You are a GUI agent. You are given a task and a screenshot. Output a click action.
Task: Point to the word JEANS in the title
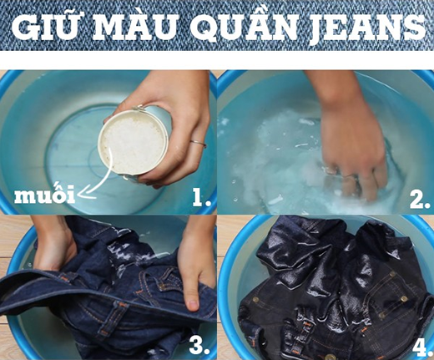[361, 28]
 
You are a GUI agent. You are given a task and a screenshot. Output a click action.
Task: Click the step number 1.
[200, 197]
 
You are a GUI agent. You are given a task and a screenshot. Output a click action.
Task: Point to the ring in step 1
[197, 144]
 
